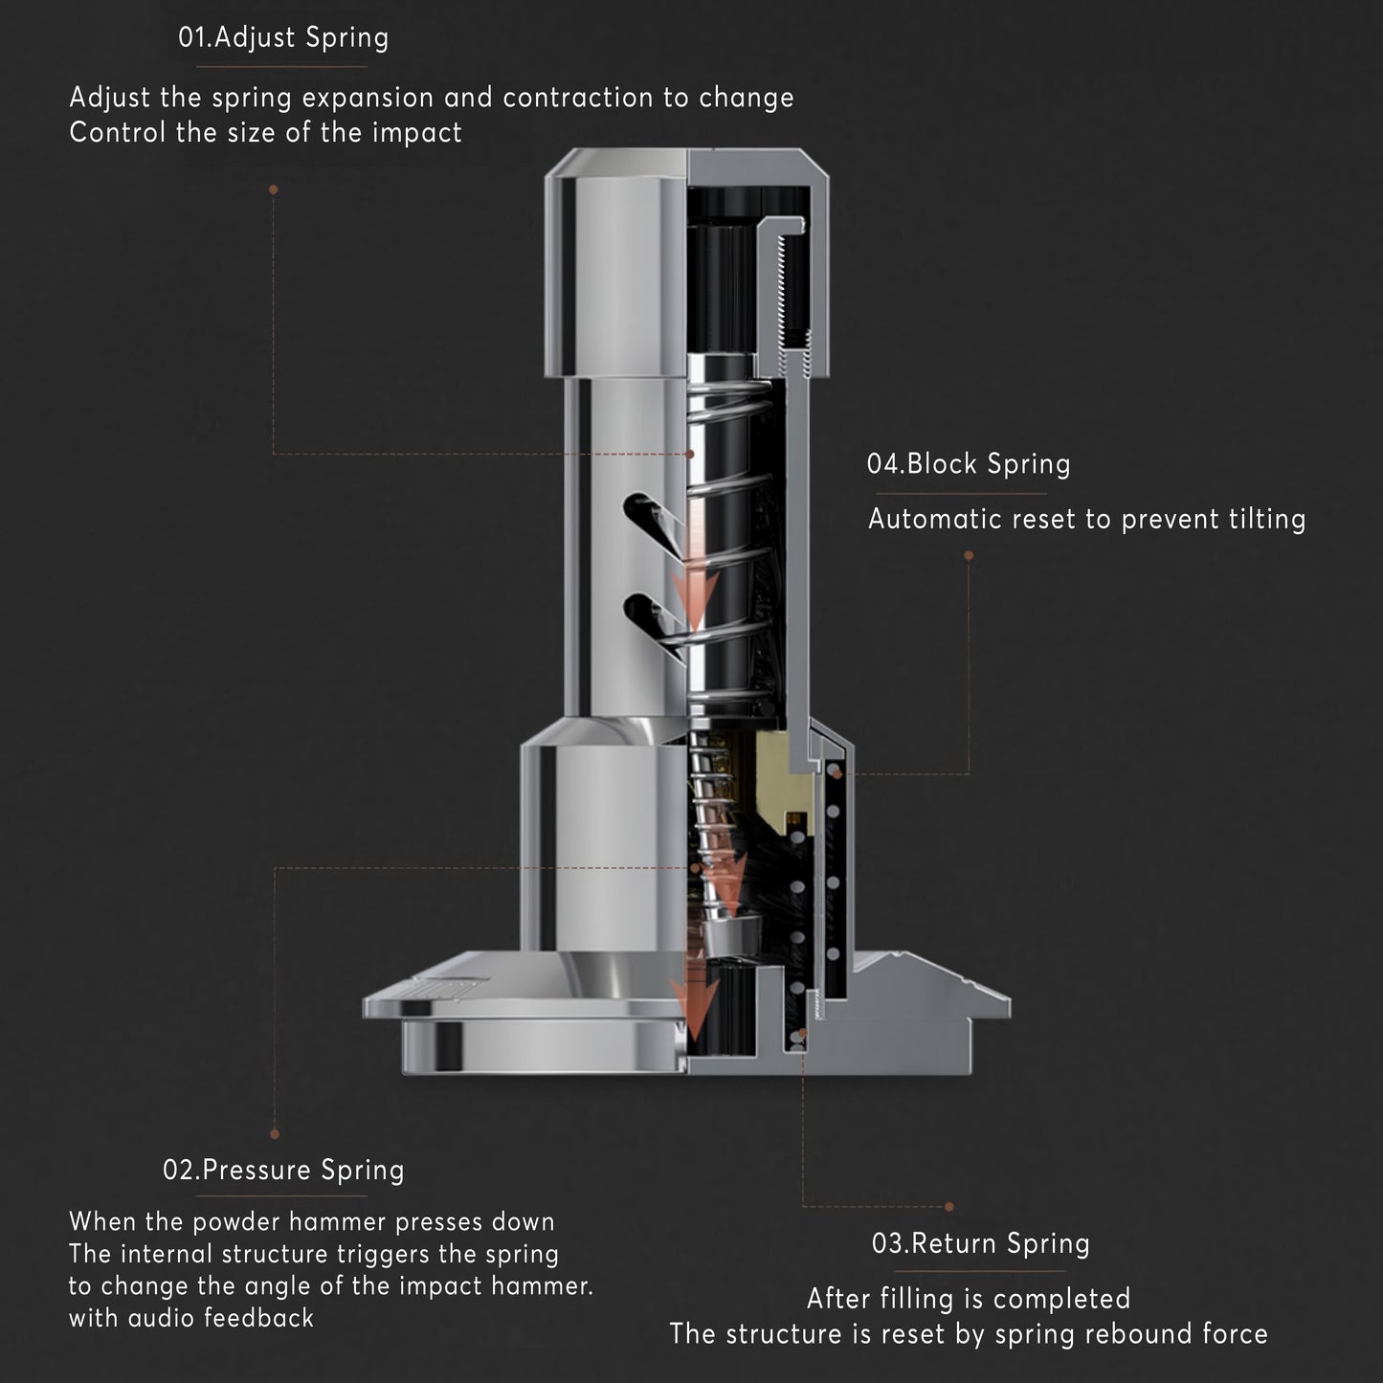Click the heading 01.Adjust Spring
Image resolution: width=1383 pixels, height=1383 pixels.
(283, 38)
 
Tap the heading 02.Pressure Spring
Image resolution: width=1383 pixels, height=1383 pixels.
(283, 1170)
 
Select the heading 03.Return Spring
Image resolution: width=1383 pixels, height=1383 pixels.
(980, 1243)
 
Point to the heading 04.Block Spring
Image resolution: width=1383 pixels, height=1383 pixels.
(968, 464)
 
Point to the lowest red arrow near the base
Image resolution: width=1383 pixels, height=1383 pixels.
(696, 1005)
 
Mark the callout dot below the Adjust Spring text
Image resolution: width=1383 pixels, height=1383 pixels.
(274, 190)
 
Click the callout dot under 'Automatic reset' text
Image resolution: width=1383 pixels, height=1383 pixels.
(969, 555)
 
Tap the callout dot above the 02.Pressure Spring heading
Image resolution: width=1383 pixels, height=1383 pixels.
(275, 1134)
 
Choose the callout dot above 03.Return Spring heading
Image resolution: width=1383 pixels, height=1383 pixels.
(949, 1207)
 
